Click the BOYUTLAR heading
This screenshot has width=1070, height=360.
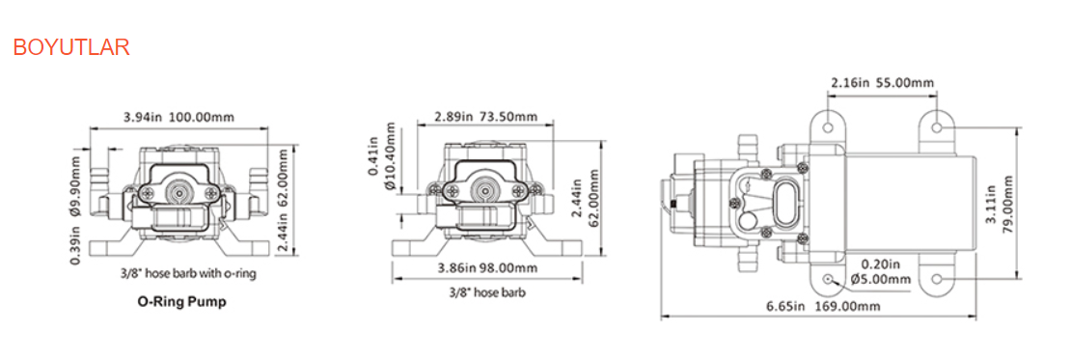click(70, 47)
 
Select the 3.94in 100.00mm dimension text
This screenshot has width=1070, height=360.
click(178, 118)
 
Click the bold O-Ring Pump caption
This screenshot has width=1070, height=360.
click(181, 302)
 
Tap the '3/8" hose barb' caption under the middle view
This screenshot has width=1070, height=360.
click(486, 291)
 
